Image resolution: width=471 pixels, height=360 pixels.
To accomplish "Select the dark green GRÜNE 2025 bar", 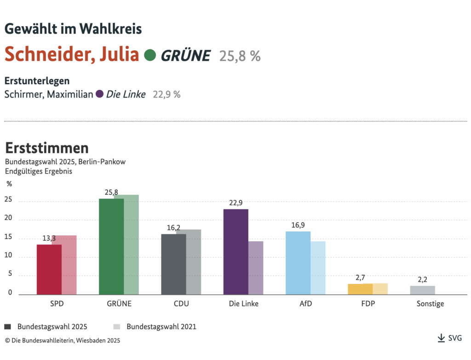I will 111,246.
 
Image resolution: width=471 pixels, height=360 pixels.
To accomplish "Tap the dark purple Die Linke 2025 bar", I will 236,252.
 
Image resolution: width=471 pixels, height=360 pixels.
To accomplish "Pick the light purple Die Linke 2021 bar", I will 256,268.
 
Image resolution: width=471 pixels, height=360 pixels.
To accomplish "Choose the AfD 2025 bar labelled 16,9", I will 298,263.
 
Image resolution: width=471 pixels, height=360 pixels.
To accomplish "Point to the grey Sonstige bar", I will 423,290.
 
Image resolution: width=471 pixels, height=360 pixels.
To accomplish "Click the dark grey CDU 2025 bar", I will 173,264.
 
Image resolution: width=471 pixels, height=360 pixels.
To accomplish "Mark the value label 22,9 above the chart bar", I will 236,203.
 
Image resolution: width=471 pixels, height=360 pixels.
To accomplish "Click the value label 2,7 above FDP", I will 360,278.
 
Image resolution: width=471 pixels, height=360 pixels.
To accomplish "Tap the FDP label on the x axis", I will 368,304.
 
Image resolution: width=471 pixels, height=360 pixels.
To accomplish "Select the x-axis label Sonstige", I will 430,304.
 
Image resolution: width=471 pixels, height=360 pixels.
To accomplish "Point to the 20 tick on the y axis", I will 8,220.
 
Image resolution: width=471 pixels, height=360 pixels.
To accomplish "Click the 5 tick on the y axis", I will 9,276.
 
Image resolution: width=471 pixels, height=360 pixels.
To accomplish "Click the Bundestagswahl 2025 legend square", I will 8,326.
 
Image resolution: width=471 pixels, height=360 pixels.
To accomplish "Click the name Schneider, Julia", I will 72,55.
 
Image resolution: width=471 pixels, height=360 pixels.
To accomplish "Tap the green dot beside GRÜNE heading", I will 149,55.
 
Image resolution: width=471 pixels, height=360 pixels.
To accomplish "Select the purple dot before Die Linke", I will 99,94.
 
